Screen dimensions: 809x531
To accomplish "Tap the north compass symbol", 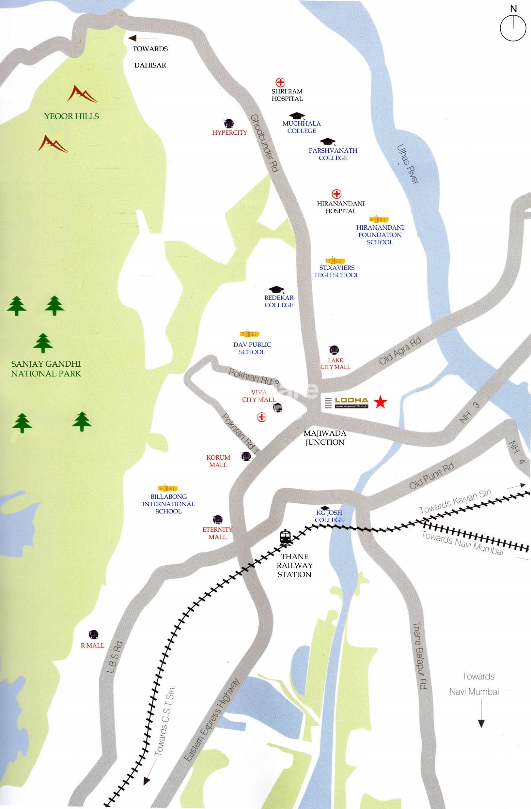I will (x=513, y=27).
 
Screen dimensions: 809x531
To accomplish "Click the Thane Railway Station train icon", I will (x=285, y=537).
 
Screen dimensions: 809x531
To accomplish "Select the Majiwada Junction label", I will (x=324, y=437).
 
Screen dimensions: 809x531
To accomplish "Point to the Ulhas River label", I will (x=407, y=164).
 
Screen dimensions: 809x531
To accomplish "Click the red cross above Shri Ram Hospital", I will (x=280, y=82).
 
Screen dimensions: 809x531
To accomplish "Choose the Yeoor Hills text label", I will (x=71, y=116).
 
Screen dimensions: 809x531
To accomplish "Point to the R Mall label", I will (x=93, y=645).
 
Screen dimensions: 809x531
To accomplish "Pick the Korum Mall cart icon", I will (x=246, y=456).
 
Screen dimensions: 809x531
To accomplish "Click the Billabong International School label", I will (x=168, y=504).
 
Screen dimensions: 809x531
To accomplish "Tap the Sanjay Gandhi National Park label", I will (x=46, y=369).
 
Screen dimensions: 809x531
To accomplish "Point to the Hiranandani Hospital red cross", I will (x=336, y=194).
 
